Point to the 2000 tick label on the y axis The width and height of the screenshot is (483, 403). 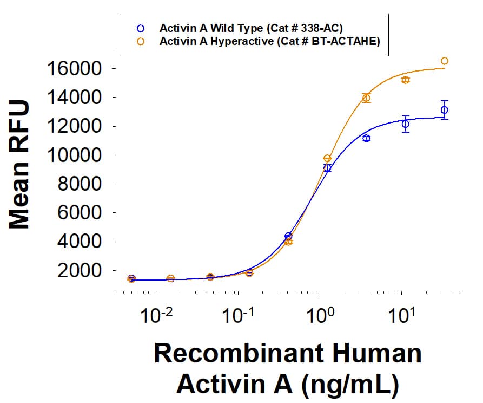(x=81, y=271)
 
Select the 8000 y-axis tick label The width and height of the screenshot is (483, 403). (x=81, y=184)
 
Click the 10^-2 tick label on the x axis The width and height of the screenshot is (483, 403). (x=156, y=316)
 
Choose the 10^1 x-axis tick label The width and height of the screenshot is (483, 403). (x=401, y=316)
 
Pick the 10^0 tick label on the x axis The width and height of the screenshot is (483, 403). (x=320, y=316)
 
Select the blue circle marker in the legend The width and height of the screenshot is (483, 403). (x=141, y=27)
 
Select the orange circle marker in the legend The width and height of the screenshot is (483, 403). (x=141, y=41)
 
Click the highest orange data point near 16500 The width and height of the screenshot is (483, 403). (x=444, y=61)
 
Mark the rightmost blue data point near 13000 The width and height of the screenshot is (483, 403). (x=444, y=110)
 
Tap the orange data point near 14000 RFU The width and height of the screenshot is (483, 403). (x=366, y=98)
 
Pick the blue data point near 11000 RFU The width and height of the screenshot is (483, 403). (x=366, y=138)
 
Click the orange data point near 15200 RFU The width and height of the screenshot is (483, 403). (x=405, y=80)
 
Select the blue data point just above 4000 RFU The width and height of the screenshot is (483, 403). (x=288, y=236)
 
